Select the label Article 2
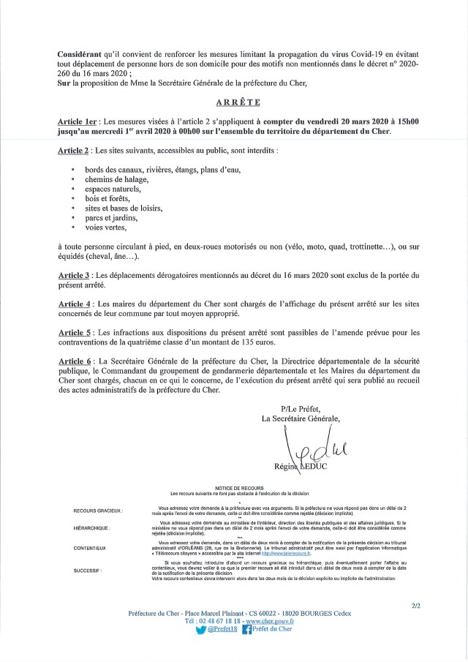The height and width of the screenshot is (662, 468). [x=74, y=151]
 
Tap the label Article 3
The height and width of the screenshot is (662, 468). [x=74, y=274]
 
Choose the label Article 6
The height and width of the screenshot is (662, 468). [x=74, y=361]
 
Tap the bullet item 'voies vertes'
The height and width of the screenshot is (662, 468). [x=106, y=227]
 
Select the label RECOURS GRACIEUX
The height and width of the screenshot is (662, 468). [x=99, y=510]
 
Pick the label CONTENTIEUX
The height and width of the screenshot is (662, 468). [x=90, y=548]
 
